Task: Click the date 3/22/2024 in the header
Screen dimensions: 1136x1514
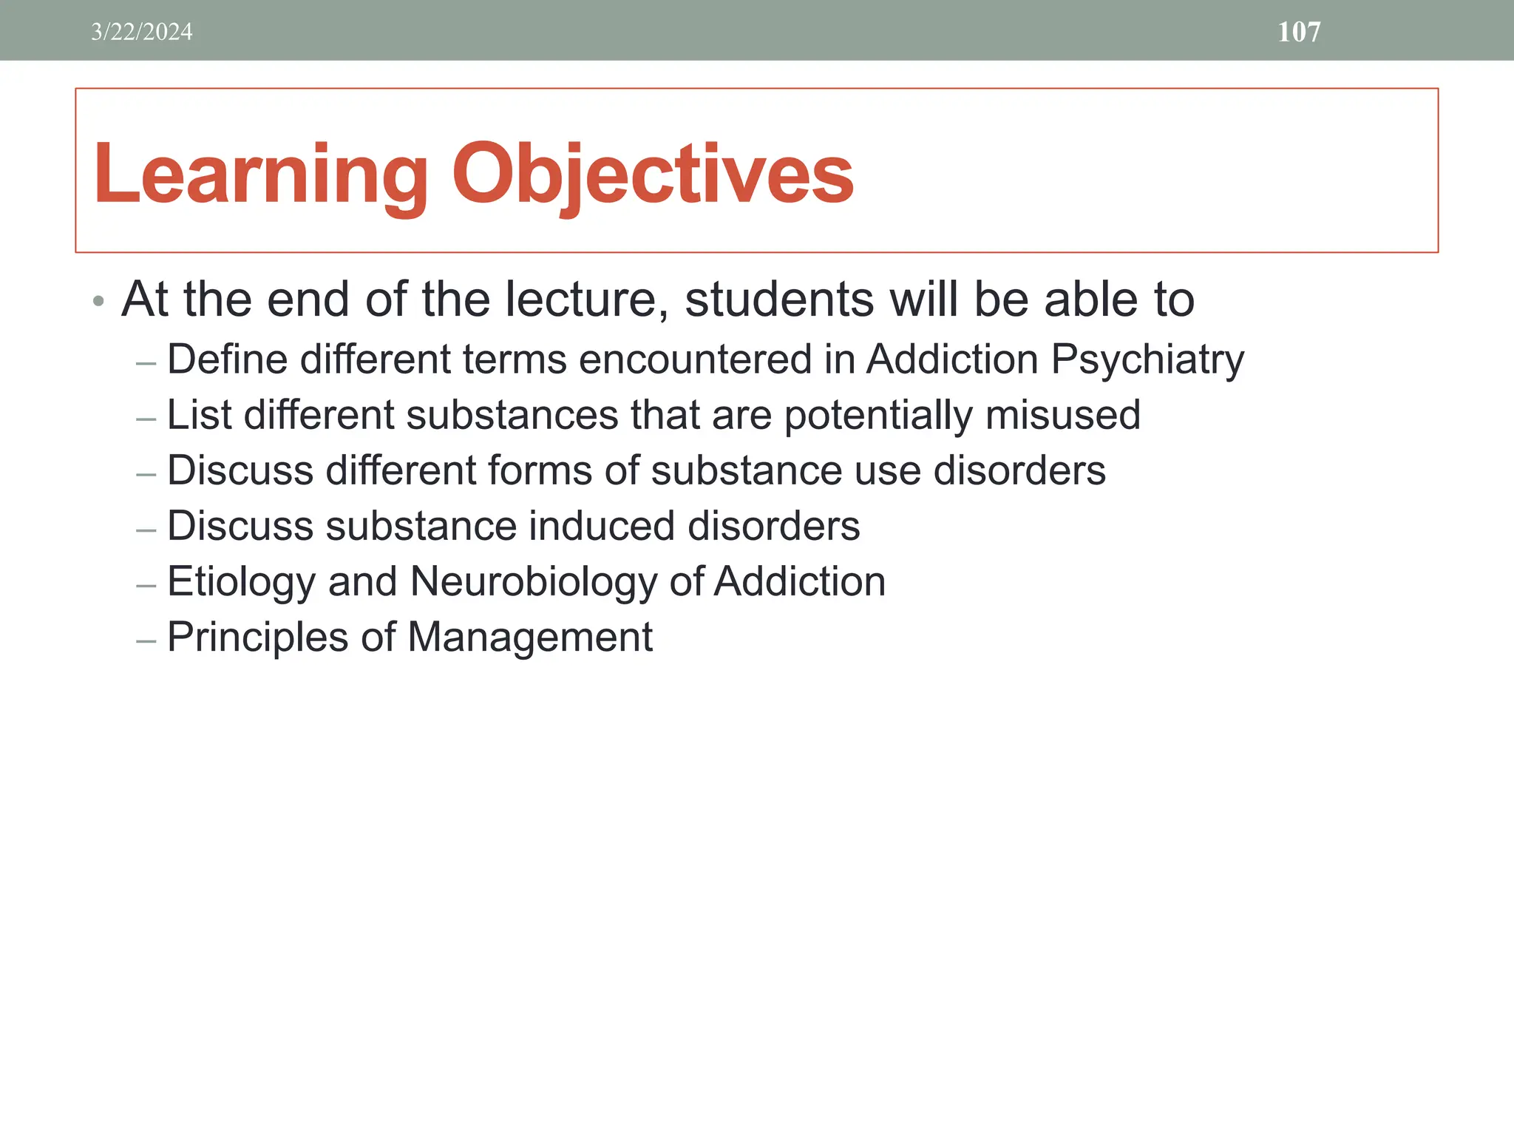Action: [141, 32]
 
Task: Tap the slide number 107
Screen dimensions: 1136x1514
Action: [1298, 32]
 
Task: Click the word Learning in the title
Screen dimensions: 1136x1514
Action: [260, 175]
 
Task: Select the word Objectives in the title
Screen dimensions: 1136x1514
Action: [652, 175]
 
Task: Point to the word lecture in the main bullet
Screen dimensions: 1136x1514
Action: [586, 300]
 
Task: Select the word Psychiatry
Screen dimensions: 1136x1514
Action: [1147, 361]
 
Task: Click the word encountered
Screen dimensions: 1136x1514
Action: [695, 359]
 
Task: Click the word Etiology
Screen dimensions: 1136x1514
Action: [241, 583]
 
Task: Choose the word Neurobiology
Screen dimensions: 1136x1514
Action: [533, 583]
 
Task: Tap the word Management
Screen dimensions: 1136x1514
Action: [529, 638]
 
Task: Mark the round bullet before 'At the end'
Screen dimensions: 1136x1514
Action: [98, 301]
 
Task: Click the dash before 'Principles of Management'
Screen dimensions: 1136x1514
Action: [146, 640]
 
